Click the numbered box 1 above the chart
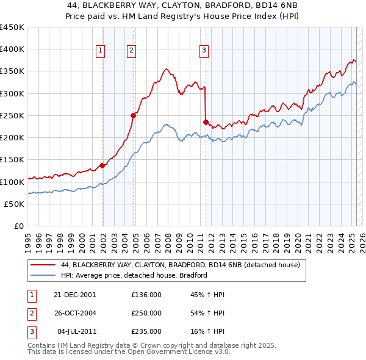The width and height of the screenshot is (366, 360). click(100, 51)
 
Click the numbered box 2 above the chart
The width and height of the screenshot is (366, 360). click(131, 51)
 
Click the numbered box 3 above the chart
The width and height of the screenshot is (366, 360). click(204, 51)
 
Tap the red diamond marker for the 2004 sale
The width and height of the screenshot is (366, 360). click(133, 115)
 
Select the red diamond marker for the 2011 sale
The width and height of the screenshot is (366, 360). click(206, 121)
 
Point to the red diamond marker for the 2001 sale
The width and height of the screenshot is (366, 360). click(102, 165)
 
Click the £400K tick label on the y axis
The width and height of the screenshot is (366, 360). click(12, 49)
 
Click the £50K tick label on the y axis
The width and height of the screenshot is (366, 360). click(15, 204)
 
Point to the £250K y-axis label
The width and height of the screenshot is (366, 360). click(12, 115)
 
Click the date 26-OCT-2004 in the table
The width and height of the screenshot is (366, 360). click(75, 313)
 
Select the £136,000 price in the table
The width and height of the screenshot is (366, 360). click(146, 295)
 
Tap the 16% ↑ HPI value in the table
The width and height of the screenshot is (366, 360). click(207, 331)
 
